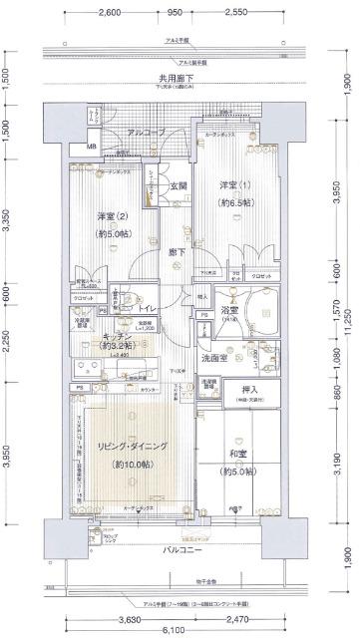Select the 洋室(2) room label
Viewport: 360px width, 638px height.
112,217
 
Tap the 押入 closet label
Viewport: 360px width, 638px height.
252,389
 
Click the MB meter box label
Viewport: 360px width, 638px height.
91,150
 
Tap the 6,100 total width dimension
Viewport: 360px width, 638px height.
174,629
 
